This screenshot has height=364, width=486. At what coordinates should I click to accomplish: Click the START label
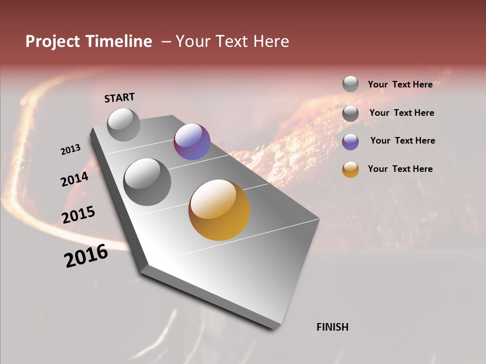119,97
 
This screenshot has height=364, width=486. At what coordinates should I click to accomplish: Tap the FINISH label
332,327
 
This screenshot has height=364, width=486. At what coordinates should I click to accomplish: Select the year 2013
70,150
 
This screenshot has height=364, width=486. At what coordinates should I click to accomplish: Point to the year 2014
74,179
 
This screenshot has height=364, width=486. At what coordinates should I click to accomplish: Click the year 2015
78,215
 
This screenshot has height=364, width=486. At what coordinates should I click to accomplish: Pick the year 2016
86,256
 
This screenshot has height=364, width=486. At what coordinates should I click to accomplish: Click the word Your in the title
192,41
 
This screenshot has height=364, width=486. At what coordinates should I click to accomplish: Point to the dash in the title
166,42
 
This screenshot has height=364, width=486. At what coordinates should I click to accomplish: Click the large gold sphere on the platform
219,210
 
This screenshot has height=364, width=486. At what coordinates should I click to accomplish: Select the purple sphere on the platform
192,142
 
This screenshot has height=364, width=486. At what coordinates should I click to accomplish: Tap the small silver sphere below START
124,124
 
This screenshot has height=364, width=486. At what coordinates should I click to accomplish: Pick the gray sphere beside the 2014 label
147,181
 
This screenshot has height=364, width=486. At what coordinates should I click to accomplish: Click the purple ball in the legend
350,142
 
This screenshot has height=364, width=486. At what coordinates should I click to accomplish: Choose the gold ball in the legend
350,169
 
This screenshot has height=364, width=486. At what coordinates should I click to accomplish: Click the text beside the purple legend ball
402,141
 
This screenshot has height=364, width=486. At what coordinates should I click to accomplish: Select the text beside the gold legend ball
400,169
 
